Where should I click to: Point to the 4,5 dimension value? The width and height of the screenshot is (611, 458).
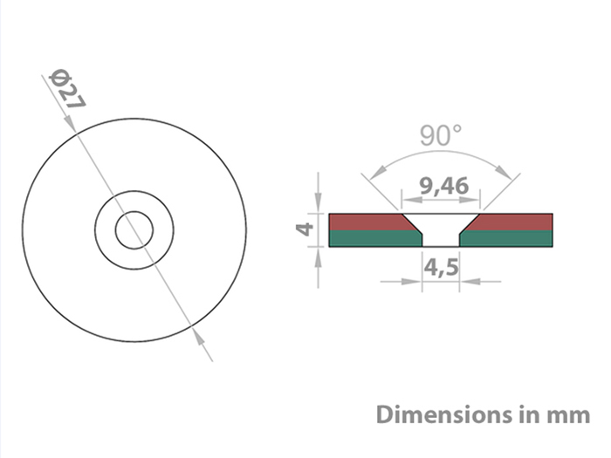(442, 266)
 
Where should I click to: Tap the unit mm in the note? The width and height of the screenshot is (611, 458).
(570, 414)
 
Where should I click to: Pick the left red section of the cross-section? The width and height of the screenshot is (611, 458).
(367, 222)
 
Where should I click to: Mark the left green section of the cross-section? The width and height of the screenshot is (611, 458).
(371, 239)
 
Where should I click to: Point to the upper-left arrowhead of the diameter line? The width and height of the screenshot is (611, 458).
(73, 129)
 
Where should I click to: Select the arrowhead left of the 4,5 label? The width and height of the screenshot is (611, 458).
(415, 281)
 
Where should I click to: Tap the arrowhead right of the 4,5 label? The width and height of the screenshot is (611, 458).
(468, 281)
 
